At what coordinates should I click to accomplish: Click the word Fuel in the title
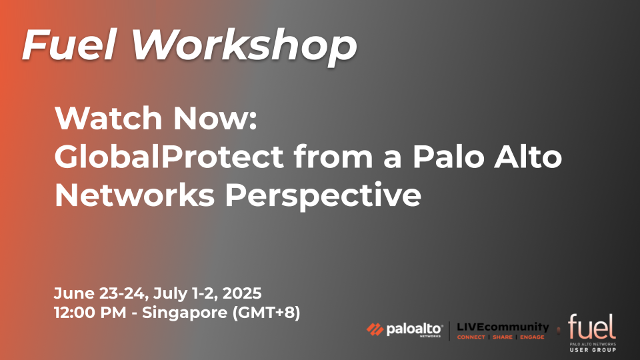coord(70,45)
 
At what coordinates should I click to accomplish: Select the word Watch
coord(109,119)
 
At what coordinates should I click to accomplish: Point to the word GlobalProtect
coord(169,157)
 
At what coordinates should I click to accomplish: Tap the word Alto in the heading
coord(528,157)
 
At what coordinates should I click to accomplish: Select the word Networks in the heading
coord(135,195)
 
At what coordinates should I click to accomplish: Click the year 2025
coord(242,293)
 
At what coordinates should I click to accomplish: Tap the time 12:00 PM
coord(90,313)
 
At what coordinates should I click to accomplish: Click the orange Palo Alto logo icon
coord(375,329)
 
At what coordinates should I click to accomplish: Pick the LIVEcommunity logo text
coord(503,327)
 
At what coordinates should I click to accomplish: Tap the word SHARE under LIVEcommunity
coord(503,337)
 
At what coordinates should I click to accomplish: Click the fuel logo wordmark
coord(592,327)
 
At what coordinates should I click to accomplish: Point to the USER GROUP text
coord(593,350)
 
